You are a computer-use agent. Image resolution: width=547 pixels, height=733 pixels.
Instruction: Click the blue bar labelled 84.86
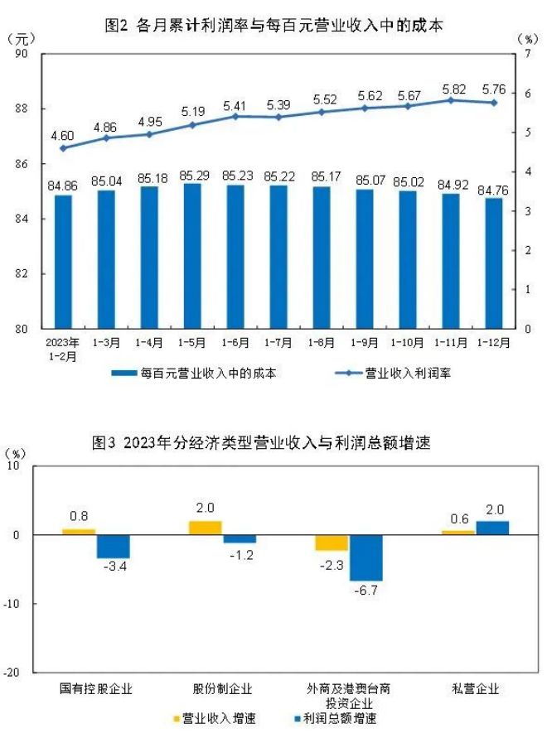point(63,261)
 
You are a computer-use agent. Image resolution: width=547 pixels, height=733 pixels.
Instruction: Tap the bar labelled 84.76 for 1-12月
point(494,263)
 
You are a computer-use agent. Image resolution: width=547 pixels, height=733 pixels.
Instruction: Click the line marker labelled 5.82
point(451,100)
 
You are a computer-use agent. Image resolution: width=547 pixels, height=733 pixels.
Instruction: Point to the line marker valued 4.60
point(63,148)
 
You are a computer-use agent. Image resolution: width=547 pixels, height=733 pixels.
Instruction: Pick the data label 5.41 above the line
point(235,105)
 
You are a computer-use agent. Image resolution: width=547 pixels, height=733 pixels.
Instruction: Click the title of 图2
point(273,26)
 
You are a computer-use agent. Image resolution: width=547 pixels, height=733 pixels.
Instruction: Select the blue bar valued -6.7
point(365,557)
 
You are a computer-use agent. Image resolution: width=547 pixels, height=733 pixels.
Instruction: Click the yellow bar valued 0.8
point(79,532)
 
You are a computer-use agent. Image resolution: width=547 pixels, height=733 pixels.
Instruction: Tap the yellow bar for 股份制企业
point(206,528)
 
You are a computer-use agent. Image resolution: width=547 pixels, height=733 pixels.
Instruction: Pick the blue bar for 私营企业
point(492,528)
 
